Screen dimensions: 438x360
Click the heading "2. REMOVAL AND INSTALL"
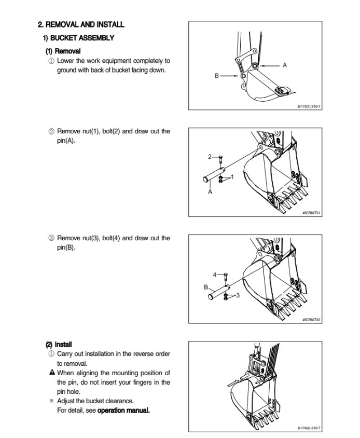point(81,24)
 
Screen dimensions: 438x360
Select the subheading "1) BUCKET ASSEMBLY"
point(78,38)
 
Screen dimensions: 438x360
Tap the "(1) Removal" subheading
point(63,51)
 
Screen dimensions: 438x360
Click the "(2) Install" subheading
point(59,344)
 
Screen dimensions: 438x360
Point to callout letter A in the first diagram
point(285,65)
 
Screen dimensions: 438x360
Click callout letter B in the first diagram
point(216,76)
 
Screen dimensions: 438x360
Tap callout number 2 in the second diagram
point(210,156)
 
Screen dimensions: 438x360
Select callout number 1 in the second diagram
point(232,177)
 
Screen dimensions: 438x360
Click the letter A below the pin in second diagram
point(210,192)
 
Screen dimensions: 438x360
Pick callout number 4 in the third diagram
point(214,275)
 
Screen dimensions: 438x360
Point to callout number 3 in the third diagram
point(238,295)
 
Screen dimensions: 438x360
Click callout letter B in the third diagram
point(206,287)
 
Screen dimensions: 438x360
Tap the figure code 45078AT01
point(311,212)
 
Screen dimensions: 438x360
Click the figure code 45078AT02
point(311,320)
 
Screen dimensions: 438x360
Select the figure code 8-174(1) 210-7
point(309,106)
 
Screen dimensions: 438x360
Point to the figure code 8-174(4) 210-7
point(309,428)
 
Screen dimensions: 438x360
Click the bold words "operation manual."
point(123,410)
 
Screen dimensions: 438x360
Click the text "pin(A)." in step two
point(66,141)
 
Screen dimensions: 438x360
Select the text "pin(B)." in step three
point(66,248)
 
